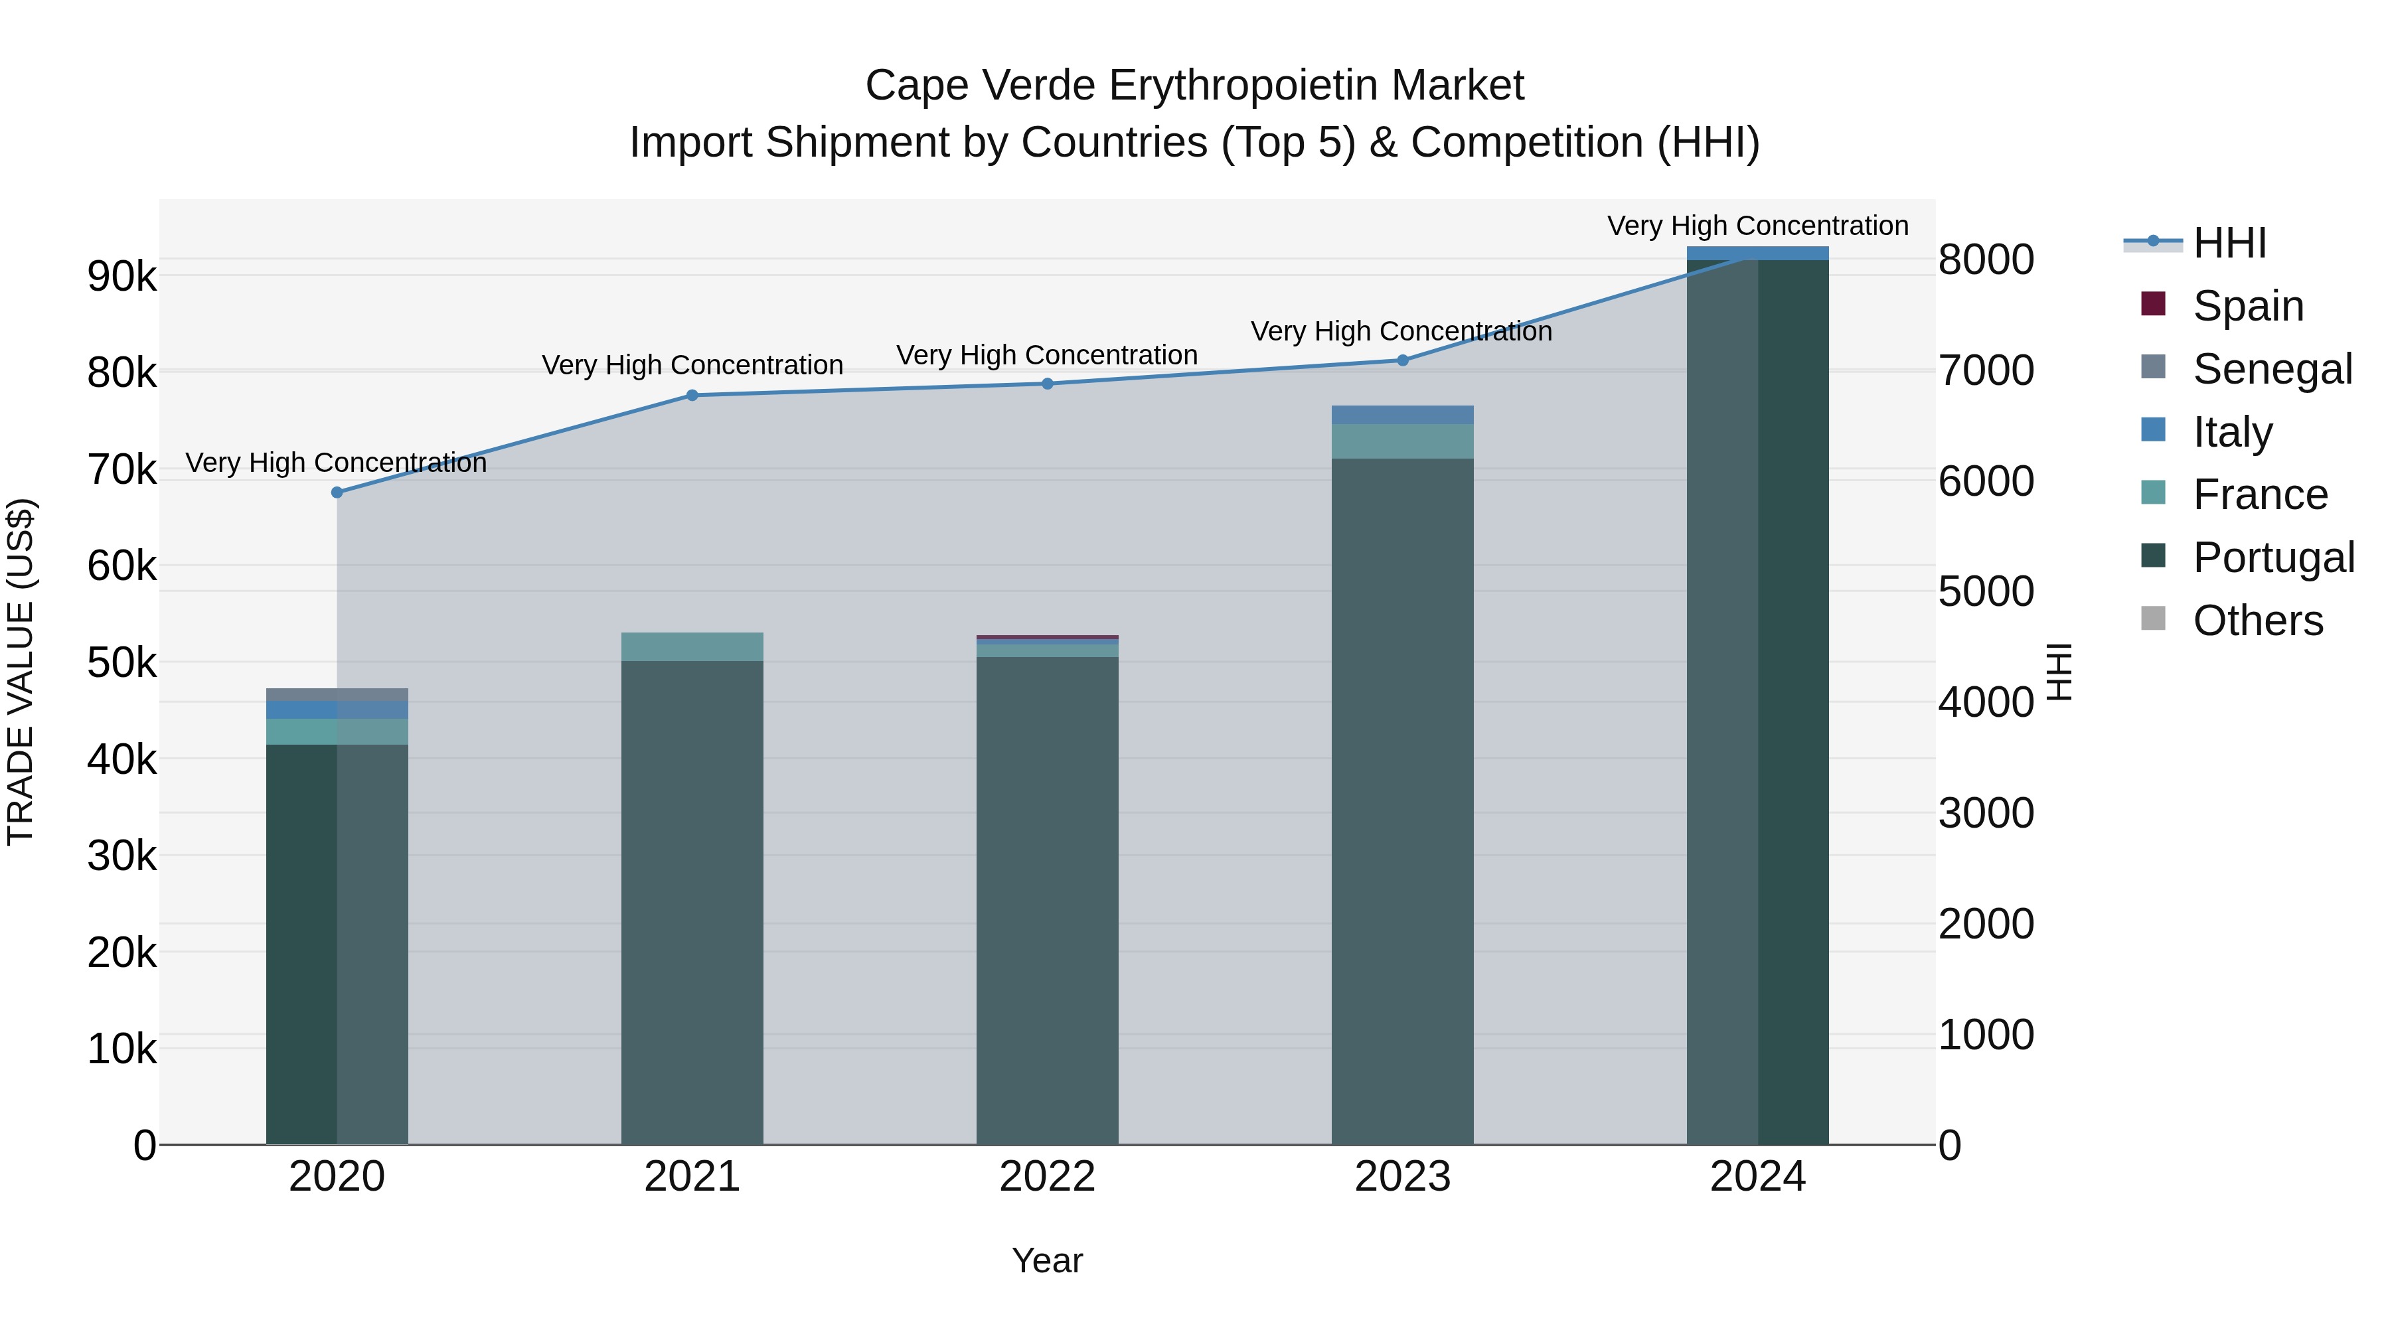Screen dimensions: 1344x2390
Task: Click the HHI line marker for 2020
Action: [337, 492]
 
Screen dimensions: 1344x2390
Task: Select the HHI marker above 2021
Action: [692, 395]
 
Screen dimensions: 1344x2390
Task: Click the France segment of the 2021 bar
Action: [692, 646]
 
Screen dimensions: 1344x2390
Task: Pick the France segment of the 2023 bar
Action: [1403, 441]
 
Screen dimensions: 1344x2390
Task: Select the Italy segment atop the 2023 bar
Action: [1403, 415]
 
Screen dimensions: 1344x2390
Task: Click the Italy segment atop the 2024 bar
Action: [1757, 254]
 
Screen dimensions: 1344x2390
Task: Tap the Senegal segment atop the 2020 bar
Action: [337, 695]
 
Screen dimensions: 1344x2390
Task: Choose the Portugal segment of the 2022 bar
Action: [1048, 900]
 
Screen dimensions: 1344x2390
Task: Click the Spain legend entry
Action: [2247, 306]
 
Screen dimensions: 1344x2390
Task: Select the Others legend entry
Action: [2257, 621]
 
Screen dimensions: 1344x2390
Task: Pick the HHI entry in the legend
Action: [2229, 243]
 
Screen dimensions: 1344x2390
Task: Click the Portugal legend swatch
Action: [2152, 557]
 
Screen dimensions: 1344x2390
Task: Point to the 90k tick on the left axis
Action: [121, 276]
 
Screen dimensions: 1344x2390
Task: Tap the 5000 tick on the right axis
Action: [1986, 592]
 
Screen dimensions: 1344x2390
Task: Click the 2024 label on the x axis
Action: [1757, 1177]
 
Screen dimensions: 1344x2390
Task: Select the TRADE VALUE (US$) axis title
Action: [21, 672]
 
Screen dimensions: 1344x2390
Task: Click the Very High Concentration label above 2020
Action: [336, 462]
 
